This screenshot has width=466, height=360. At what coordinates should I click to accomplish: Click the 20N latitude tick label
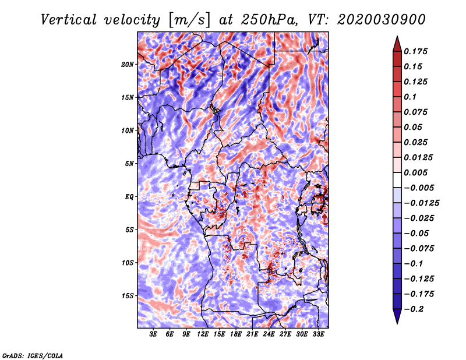click(x=128, y=65)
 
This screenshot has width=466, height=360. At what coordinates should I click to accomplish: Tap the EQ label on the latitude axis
click(x=129, y=197)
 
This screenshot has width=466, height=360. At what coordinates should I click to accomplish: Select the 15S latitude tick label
click(x=128, y=296)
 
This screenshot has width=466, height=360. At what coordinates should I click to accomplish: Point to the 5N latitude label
click(x=129, y=164)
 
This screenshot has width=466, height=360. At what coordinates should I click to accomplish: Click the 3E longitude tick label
click(x=153, y=334)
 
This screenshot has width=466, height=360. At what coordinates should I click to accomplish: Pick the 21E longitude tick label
click(x=252, y=334)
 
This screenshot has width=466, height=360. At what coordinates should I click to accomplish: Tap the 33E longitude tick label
click(x=318, y=334)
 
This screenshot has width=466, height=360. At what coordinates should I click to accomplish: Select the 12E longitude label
click(x=203, y=334)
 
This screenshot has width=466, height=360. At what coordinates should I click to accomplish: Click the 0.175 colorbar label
click(x=415, y=51)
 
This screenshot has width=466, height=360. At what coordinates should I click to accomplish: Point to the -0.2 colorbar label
click(x=414, y=309)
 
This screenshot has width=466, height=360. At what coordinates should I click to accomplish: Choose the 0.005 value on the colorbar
click(x=415, y=172)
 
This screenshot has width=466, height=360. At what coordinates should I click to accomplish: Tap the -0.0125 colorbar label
click(x=421, y=203)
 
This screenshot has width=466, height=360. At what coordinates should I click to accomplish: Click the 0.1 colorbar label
click(x=410, y=97)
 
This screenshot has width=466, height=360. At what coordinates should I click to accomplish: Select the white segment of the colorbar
click(x=397, y=180)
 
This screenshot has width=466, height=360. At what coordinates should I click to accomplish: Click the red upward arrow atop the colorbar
click(x=397, y=44)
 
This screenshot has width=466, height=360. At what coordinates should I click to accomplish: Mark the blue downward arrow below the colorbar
click(x=397, y=316)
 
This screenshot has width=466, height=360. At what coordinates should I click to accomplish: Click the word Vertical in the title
click(x=68, y=20)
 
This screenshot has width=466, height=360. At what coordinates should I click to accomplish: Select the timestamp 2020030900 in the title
click(x=382, y=20)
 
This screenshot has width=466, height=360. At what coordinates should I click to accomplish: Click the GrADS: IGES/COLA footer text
click(x=33, y=356)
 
